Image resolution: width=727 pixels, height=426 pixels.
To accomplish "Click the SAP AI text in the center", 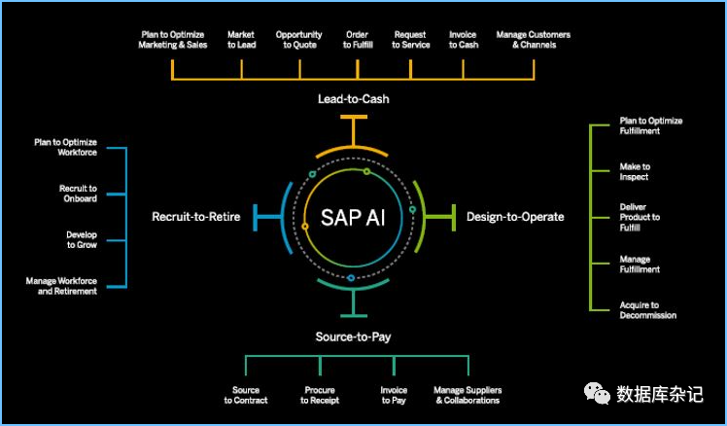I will click(352, 216).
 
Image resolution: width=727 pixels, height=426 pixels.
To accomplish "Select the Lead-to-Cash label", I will click(354, 99).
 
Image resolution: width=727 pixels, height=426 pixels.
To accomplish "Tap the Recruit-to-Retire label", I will click(195, 216).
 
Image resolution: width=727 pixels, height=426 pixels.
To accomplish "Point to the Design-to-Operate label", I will click(515, 216).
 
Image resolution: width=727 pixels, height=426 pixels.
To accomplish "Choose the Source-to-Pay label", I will click(353, 337).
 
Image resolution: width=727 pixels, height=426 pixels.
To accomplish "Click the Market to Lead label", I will click(241, 40).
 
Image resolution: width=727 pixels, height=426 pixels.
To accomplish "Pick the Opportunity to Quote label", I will click(298, 40).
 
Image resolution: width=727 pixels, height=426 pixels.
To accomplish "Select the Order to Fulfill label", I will click(357, 40).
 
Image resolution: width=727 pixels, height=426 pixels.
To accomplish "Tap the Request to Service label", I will click(410, 40).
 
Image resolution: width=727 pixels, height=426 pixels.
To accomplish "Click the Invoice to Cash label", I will click(463, 40).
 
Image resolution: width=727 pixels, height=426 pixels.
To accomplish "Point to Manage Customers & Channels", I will click(533, 40).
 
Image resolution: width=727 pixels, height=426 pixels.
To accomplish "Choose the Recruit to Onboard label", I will click(79, 193).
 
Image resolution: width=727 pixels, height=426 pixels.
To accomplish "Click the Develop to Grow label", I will click(82, 239).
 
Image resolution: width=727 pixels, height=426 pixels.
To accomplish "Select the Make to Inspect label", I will click(635, 172).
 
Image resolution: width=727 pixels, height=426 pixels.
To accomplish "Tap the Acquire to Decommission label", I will click(648, 310).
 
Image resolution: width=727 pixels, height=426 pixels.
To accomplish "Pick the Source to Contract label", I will click(246, 395).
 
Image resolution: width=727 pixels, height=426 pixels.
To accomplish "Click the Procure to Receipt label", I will click(318, 395).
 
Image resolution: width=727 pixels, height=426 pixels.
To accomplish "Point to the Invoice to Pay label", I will click(394, 395).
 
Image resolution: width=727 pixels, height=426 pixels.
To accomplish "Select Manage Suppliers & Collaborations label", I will click(467, 395).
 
